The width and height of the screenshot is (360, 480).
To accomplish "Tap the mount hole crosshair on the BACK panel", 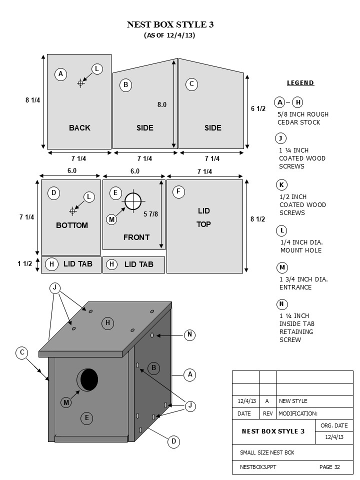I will pyautogui.click(x=81, y=83).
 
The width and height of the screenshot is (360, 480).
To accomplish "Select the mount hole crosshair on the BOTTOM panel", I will pyautogui.click(x=73, y=210).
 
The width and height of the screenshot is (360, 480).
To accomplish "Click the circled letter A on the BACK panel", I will pyautogui.click(x=60, y=74).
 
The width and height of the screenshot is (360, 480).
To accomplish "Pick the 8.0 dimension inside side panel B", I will pyautogui.click(x=162, y=105).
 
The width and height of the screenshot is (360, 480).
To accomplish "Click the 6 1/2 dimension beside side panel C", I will pyautogui.click(x=258, y=108).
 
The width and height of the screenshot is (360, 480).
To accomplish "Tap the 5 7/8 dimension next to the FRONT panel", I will pyautogui.click(x=151, y=214).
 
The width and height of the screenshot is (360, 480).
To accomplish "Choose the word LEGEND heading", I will pyautogui.click(x=300, y=83).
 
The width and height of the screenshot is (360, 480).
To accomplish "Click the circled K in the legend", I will pyautogui.click(x=281, y=185).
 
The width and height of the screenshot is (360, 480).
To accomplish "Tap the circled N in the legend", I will pyautogui.click(x=281, y=304).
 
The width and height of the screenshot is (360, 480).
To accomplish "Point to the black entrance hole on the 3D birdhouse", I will pyautogui.click(x=88, y=379).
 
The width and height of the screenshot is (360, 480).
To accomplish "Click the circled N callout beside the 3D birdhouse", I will pyautogui.click(x=189, y=335).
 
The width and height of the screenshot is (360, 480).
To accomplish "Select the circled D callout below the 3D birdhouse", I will pyautogui.click(x=173, y=441).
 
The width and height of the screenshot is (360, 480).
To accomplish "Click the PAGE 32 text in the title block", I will pyautogui.click(x=329, y=467).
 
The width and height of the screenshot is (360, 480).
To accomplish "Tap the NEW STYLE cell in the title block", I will pyautogui.click(x=293, y=401).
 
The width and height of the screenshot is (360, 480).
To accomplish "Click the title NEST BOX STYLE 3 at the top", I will pyautogui.click(x=170, y=24).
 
